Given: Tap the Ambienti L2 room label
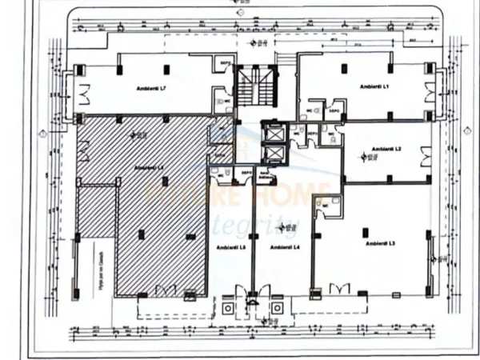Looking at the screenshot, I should [x=387, y=149].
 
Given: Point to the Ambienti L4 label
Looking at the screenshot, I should [x=284, y=247].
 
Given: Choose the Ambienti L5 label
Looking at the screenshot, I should [x=230, y=247].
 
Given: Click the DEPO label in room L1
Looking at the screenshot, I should [x=334, y=111].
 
